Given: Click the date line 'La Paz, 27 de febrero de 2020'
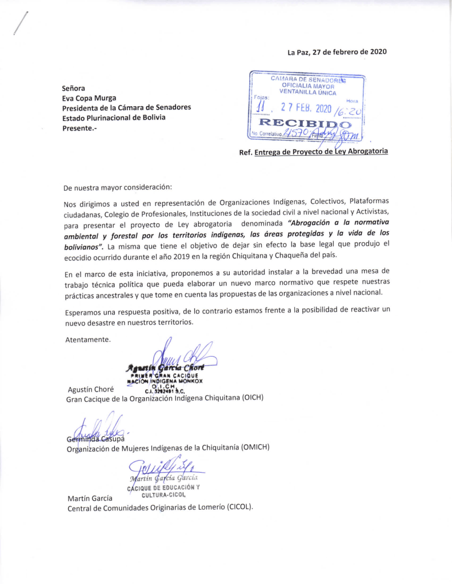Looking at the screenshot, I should coord(337,52).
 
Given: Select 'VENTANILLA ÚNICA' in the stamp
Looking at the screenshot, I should coord(307,92).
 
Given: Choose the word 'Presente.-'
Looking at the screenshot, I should coord(79,128).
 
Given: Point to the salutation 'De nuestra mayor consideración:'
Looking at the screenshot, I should coord(118,187).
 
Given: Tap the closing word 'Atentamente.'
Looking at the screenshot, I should coord(87,340).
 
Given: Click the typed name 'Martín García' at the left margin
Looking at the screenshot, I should coord(89,498).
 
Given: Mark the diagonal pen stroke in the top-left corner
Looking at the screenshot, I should coord(19,23).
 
